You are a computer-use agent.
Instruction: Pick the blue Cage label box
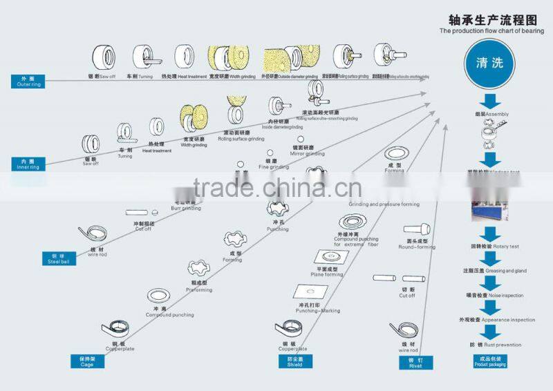86,361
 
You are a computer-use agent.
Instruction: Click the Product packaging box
489,361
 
